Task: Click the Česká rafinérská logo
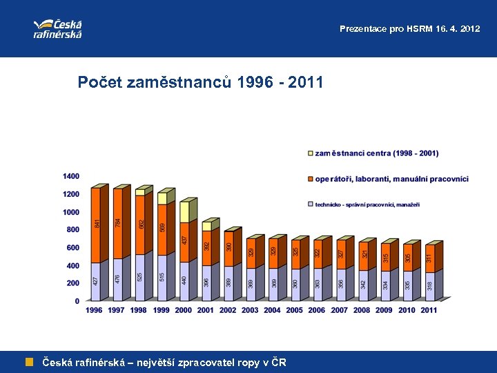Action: click(57, 28)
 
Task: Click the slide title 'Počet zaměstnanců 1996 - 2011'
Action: click(200, 84)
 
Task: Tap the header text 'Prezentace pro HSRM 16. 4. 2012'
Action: click(409, 29)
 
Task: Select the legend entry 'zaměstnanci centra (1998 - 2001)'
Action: click(376, 153)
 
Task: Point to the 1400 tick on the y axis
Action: click(71, 177)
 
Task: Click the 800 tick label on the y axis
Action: click(73, 230)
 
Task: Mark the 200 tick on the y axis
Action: click(73, 283)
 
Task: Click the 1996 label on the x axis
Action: click(94, 310)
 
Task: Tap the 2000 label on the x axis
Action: click(183, 310)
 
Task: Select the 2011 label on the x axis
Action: click(429, 310)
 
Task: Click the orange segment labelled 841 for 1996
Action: click(96, 224)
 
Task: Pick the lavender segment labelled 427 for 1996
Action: click(95, 282)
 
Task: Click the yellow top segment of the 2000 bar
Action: click(184, 211)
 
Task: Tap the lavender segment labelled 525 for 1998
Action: click(140, 277)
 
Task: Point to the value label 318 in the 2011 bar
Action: click(429, 285)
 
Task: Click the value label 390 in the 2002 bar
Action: click(229, 247)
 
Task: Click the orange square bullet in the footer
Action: click(29, 361)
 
